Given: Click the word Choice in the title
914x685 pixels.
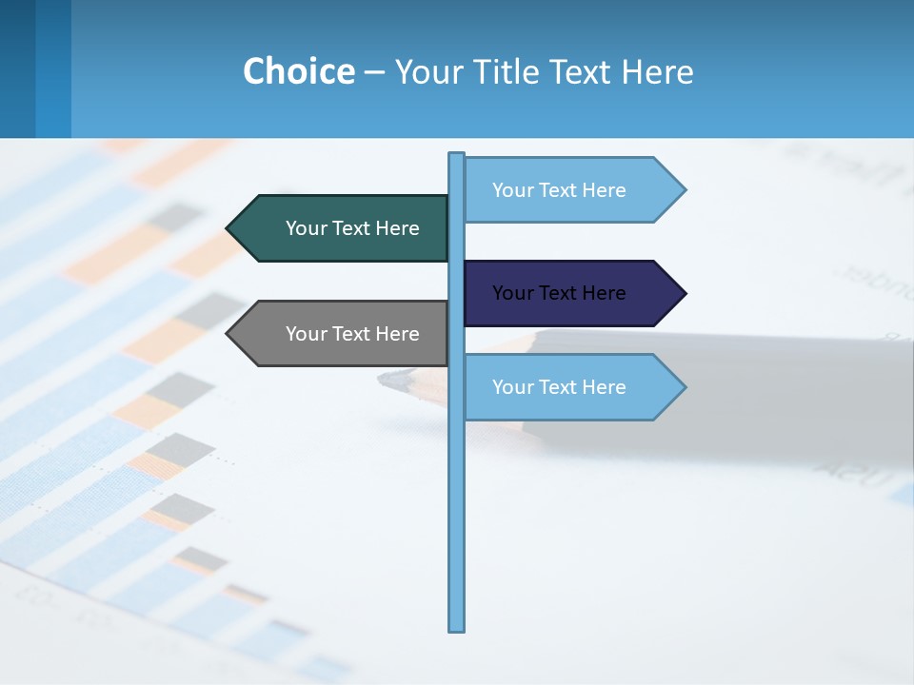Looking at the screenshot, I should (298, 71).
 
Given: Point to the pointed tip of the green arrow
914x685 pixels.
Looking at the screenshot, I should (228, 228).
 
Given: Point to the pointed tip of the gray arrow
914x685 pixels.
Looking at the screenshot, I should (228, 334).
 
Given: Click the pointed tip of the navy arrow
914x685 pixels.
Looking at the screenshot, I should (684, 293).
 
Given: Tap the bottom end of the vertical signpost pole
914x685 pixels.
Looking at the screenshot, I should (457, 628).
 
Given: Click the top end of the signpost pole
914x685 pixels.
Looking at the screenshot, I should (457, 155).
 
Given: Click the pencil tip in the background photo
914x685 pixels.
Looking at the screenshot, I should (385, 380).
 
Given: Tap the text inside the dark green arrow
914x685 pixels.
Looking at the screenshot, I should (352, 228).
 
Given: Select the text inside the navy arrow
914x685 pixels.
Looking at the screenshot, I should (559, 293).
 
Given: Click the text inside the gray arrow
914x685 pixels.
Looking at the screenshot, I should (352, 334).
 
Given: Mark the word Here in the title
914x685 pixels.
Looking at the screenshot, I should (657, 71).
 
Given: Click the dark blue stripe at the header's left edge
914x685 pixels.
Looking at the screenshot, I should (17, 68).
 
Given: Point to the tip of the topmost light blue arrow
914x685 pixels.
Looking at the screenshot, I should (684, 190).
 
